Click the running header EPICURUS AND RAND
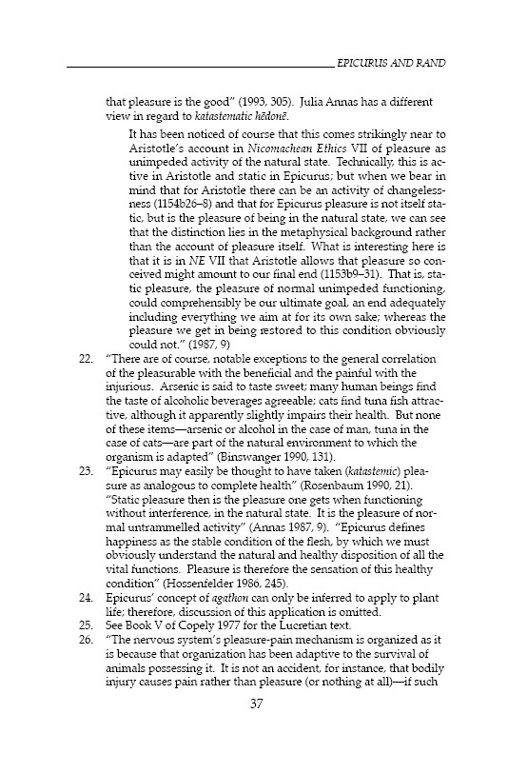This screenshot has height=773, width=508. pyautogui.click(x=392, y=63)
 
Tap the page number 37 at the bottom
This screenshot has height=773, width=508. pyautogui.click(x=255, y=730)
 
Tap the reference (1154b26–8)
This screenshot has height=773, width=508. pyautogui.click(x=186, y=205)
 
